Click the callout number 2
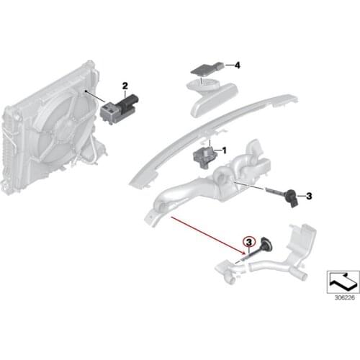click(125, 86)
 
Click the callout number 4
click(237, 65)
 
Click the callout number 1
click(225, 150)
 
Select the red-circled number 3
click(249, 242)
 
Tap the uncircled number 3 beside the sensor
click(309, 196)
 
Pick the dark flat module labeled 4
click(207, 69)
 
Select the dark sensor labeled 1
click(202, 157)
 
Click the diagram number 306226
click(345, 297)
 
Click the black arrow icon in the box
click(343, 282)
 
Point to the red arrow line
click(208, 235)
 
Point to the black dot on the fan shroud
click(86, 91)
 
